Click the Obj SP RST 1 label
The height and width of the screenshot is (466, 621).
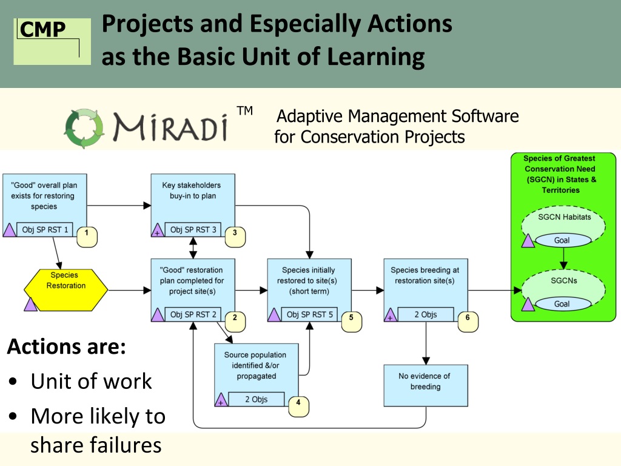coord(45,229)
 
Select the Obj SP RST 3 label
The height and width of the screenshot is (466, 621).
coord(193,229)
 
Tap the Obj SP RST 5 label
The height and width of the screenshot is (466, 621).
coord(310,314)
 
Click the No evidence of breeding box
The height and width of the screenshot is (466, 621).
coord(425,385)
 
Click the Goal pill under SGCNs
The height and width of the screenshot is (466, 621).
coord(562,304)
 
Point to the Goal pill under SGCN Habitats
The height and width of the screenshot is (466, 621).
coord(562,240)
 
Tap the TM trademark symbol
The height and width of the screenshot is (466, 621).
coord(244,110)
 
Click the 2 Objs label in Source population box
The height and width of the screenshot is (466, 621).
coord(257,399)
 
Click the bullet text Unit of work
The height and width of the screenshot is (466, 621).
coord(91,381)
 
